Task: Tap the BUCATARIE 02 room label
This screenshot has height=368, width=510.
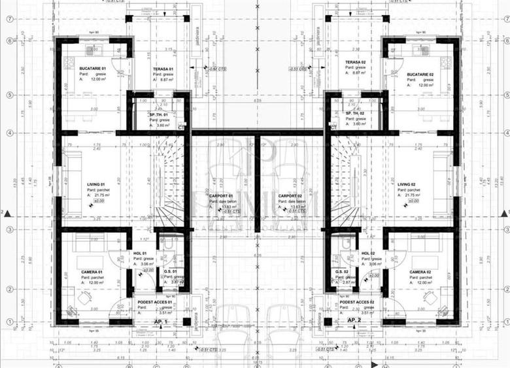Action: coord(420,75)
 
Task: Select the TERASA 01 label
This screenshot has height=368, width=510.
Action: coord(163,69)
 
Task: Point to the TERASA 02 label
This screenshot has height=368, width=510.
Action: coord(354,61)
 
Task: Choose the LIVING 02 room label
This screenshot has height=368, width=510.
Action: coord(407,185)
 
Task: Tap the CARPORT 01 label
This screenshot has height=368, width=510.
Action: coord(223,195)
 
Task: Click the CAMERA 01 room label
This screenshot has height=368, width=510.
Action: coord(92,271)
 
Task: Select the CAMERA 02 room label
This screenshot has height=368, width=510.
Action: coord(420,271)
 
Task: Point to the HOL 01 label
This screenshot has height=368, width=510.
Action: coord(140,253)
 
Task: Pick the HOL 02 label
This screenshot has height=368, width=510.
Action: coord(367,253)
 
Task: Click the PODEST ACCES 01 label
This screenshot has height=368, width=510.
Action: coord(156,302)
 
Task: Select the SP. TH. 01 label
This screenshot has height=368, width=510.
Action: coord(160,114)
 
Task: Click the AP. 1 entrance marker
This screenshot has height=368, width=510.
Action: coord(161,321)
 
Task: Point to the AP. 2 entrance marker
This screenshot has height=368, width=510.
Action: coord(354,320)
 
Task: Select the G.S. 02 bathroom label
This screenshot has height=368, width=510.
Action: coord(341,271)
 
